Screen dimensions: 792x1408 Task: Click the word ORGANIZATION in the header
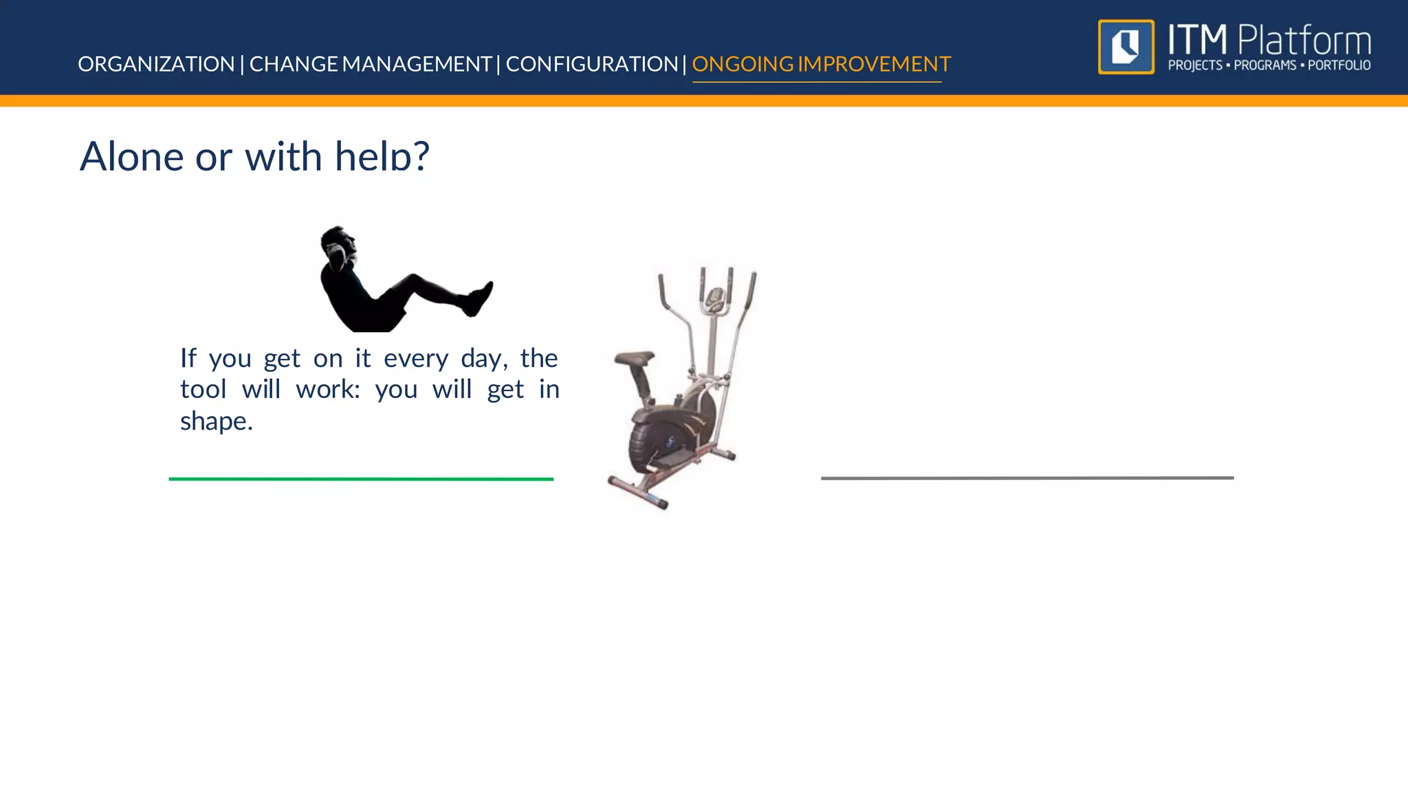pyautogui.click(x=156, y=64)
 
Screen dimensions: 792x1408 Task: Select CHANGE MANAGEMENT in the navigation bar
pyautogui.click(x=370, y=64)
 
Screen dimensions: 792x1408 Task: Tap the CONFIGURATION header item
pyautogui.click(x=592, y=64)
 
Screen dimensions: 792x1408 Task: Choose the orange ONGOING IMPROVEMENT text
pyautogui.click(x=821, y=64)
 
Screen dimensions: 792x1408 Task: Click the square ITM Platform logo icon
pyautogui.click(x=1126, y=47)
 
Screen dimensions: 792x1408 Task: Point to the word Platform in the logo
pyautogui.click(x=1303, y=41)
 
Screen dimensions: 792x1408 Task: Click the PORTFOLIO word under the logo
pyautogui.click(x=1339, y=65)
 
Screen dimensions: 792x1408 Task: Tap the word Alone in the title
pyautogui.click(x=131, y=156)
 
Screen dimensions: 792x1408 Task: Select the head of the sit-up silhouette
pyautogui.click(x=338, y=242)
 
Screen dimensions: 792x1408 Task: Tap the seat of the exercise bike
pyautogui.click(x=634, y=359)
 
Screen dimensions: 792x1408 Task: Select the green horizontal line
pyautogui.click(x=361, y=478)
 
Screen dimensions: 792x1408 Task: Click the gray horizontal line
pyautogui.click(x=1027, y=478)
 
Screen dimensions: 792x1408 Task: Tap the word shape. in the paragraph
pyautogui.click(x=216, y=421)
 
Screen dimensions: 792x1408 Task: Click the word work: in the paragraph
pyautogui.click(x=327, y=390)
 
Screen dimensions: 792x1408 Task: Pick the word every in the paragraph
pyautogui.click(x=416, y=358)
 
